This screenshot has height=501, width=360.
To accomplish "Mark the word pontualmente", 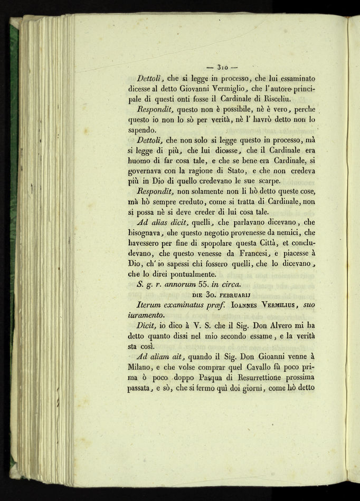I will [192, 275].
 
